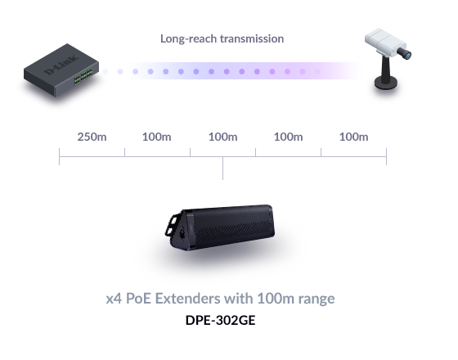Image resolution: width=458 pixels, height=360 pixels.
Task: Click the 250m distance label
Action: coord(92,137)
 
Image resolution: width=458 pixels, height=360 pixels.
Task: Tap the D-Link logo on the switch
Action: coord(61,65)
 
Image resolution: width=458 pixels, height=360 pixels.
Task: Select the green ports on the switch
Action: coord(83,77)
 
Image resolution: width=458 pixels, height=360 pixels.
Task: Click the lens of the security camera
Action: coord(405,53)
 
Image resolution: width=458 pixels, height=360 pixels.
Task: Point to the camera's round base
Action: coord(386,82)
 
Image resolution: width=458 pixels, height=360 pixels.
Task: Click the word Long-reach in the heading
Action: coord(188,39)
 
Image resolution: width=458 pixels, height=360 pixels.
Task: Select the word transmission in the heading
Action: coord(252,38)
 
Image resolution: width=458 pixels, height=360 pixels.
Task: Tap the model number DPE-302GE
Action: coord(221,320)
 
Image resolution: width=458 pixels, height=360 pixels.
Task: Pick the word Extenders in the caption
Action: coord(188,299)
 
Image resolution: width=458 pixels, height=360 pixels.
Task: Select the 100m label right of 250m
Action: coord(156,137)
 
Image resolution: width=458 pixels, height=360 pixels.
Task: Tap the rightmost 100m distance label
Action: coord(353,137)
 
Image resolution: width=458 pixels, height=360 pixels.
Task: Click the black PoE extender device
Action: coord(220,227)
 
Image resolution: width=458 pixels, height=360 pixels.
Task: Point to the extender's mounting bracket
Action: coord(172,225)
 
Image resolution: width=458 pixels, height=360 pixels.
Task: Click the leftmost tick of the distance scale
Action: coord(59,156)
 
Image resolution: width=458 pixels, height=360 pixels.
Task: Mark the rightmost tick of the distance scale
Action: coord(386,156)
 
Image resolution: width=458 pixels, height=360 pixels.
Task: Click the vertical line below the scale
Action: coord(222,169)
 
